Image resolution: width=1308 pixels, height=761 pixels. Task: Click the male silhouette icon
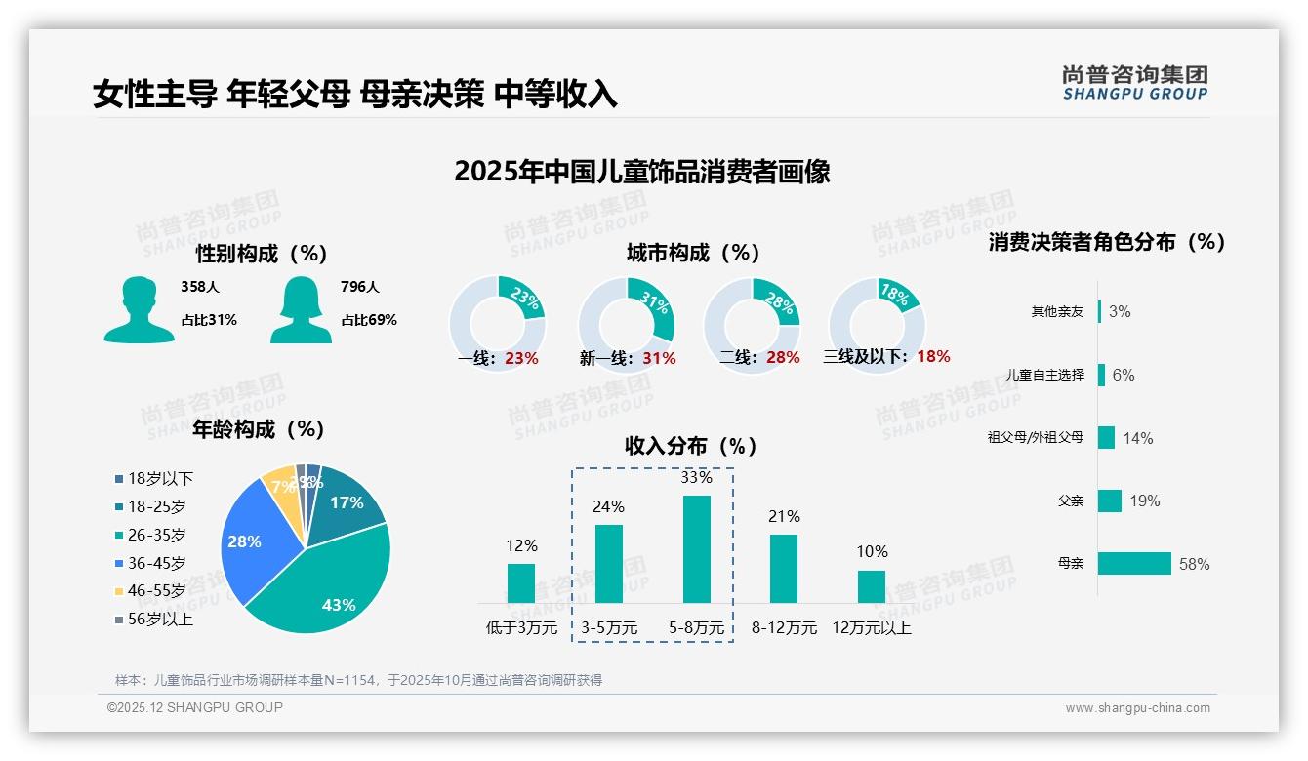139,309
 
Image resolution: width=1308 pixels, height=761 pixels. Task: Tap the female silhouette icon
301,309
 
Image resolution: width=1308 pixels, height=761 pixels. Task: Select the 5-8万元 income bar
696,549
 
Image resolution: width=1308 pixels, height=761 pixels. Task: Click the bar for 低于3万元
521,583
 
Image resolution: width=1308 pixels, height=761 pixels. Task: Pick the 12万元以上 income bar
871,587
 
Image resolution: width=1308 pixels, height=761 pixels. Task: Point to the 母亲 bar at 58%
1134,564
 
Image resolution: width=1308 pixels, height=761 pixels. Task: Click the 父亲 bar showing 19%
1110,501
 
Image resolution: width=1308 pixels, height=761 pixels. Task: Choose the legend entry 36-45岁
156,563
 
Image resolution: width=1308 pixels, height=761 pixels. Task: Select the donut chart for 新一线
626,324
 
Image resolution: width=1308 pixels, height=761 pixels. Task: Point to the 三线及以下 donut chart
876,324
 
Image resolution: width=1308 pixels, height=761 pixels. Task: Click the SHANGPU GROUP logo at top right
1134,83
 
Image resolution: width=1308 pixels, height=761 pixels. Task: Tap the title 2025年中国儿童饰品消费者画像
641,172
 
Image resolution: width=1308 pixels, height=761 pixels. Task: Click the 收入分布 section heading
691,446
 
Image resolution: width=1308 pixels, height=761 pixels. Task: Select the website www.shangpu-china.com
1137,708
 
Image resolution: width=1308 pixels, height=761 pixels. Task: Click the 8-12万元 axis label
784,628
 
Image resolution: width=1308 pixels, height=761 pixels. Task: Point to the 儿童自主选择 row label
1044,375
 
